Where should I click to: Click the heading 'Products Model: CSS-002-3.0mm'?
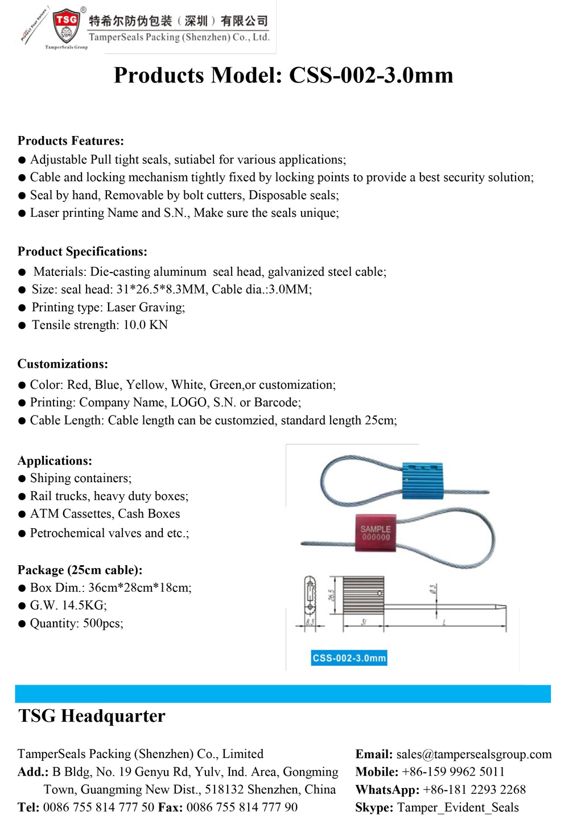tap(283, 75)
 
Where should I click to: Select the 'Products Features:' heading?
tap(71, 141)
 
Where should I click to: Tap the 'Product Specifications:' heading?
tap(83, 252)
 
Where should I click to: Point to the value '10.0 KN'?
tap(146, 325)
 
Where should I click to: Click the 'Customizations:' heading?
tap(63, 364)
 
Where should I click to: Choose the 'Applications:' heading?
tap(55, 460)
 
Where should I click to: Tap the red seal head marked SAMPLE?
tap(376, 533)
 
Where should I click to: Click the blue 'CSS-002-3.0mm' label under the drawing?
tap(349, 658)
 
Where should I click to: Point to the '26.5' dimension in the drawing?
tap(331, 596)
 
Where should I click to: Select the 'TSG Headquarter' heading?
tap(92, 716)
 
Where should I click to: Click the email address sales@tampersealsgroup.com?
tap(474, 754)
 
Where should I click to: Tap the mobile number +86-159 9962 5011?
tap(453, 772)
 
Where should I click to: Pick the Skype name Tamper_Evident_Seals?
tap(458, 807)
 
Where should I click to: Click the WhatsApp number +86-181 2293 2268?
tap(474, 789)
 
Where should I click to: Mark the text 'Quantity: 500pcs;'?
tap(76, 623)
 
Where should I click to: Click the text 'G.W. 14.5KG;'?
tap(68, 605)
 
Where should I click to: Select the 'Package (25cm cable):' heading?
tap(80, 570)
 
